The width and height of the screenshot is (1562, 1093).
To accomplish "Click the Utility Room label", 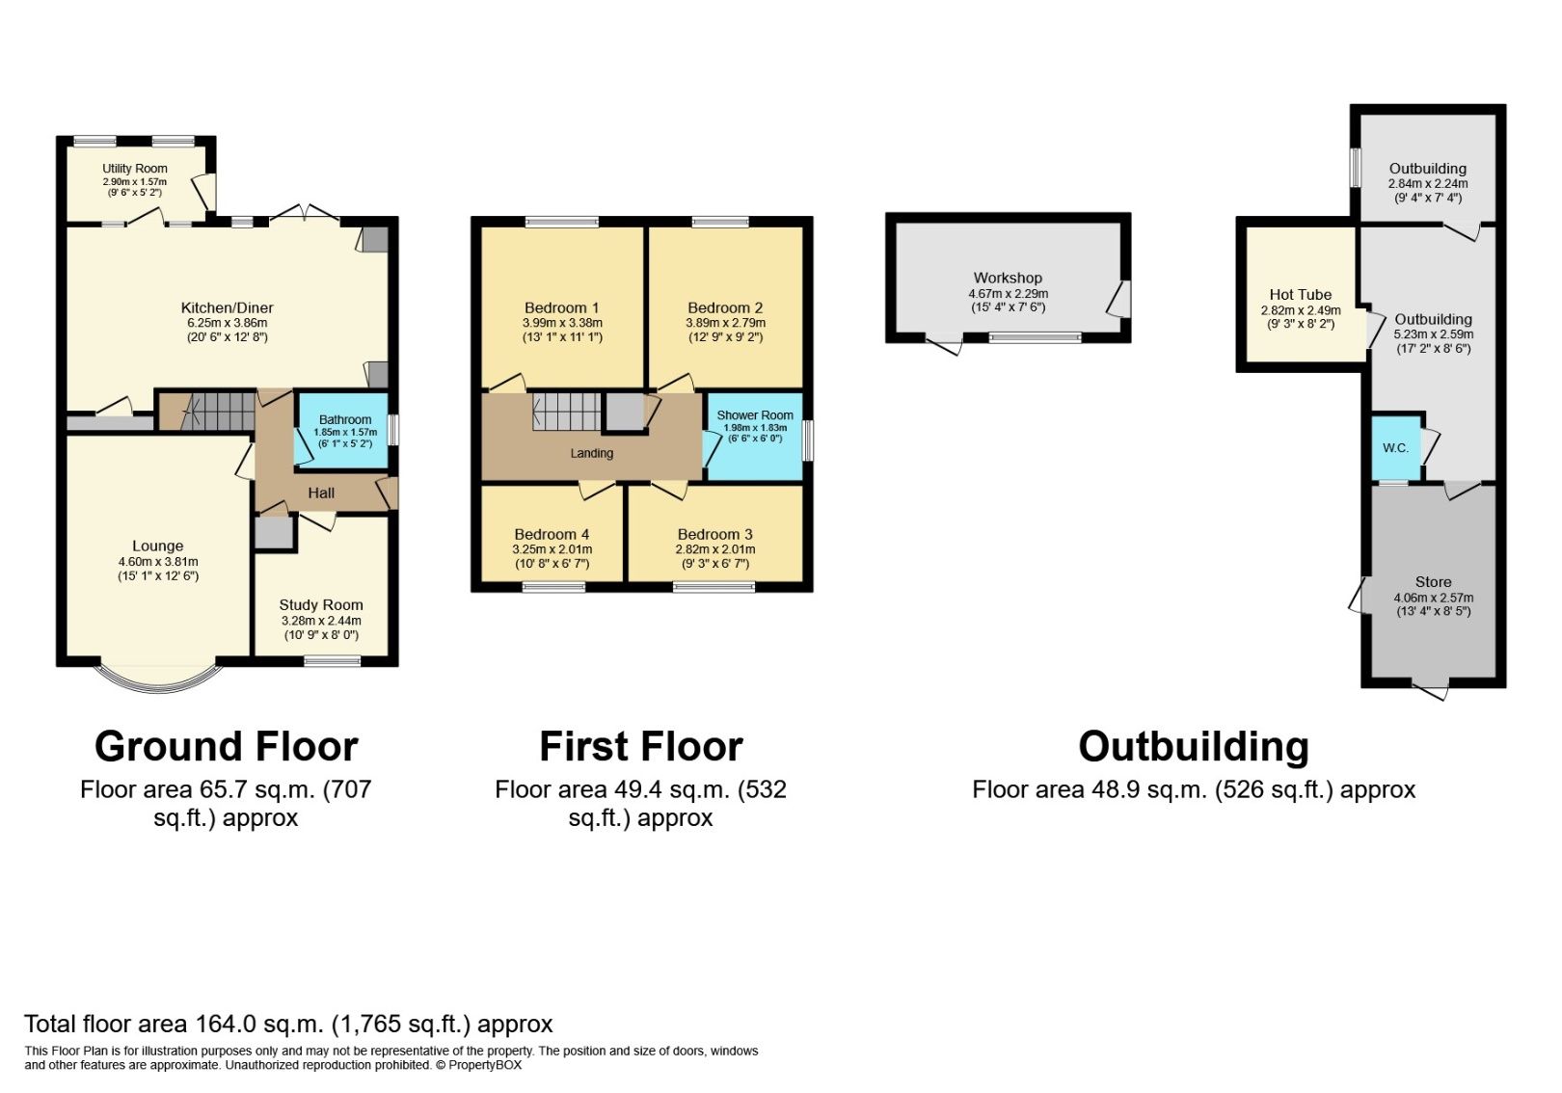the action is (x=135, y=169).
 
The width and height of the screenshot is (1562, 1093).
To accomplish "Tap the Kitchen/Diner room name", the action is (x=228, y=308).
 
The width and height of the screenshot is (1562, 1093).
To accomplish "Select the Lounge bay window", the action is (x=159, y=678).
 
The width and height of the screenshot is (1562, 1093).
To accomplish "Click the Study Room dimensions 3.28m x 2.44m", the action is (x=321, y=621).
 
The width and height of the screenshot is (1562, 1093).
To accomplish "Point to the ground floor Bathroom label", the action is (x=345, y=419).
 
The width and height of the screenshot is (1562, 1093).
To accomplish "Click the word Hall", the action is (x=321, y=493).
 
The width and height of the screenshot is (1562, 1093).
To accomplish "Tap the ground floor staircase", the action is (x=218, y=412).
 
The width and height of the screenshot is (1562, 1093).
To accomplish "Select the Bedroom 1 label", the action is (x=562, y=308).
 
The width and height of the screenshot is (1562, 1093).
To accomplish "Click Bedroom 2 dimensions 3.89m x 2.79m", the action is (x=725, y=324).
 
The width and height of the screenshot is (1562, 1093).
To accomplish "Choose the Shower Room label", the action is (x=755, y=415).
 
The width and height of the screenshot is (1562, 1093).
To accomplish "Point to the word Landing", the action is (x=592, y=454).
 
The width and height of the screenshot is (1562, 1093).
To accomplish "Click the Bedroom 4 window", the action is (x=554, y=587).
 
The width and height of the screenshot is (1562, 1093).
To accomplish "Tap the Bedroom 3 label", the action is (x=714, y=535).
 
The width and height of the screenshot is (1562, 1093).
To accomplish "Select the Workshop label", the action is (x=1008, y=279).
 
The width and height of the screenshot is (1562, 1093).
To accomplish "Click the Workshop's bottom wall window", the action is (x=1035, y=338).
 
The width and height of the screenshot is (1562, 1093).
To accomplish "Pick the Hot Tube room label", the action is (x=1301, y=295).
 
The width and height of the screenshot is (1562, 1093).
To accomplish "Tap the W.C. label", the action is (x=1395, y=449).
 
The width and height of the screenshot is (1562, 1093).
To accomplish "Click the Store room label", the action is (x=1433, y=582).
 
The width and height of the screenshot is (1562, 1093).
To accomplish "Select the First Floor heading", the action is (x=641, y=747).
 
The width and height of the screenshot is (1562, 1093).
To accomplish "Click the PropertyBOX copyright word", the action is (x=485, y=1065).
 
